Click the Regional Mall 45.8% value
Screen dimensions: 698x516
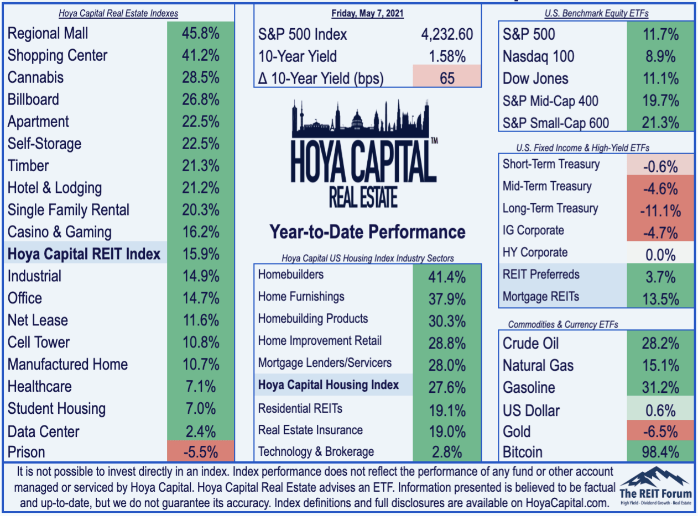tap(200, 33)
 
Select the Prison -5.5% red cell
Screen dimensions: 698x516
tap(200, 451)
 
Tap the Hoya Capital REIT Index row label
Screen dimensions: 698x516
tap(84, 254)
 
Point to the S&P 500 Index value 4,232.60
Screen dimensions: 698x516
tap(447, 34)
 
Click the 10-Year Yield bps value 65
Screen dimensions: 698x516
tap(447, 78)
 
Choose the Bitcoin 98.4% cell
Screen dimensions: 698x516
tap(660, 452)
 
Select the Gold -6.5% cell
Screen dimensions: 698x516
tap(660, 431)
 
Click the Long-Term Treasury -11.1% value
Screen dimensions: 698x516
tap(660, 210)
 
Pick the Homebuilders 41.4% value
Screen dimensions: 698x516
tap(447, 277)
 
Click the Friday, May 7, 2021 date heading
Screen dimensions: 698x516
tap(367, 13)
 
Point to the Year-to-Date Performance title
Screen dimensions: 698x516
tap(367, 232)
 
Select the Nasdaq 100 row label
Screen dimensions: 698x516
tap(539, 56)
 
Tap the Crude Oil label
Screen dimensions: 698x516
tap(530, 344)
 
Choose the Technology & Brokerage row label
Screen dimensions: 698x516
tap(316, 451)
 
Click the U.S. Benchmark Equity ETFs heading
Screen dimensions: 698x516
tap(596, 13)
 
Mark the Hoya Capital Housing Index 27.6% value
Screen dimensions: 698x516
tap(447, 387)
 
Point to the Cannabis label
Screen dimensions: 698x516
tap(35, 77)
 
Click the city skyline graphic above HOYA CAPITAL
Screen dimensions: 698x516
tap(361, 119)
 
